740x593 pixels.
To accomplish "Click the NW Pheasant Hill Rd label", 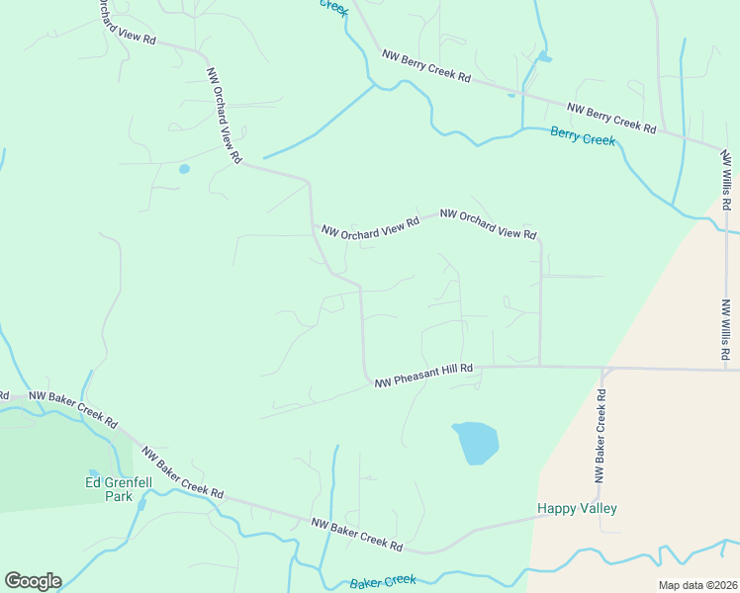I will click(423, 375).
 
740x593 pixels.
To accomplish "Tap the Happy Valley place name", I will click(577, 509).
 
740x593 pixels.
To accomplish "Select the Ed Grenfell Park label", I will click(118, 489).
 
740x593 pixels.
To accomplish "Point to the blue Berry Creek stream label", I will click(583, 137).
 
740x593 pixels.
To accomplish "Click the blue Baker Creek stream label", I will click(383, 582).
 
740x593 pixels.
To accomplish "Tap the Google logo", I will click(33, 581).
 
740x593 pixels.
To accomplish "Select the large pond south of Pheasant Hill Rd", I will click(475, 442).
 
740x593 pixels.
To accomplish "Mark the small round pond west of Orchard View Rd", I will click(184, 169).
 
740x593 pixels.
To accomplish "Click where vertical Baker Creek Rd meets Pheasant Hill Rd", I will click(602, 369).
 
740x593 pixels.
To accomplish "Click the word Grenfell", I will click(128, 483).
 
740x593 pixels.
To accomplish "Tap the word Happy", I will click(555, 509).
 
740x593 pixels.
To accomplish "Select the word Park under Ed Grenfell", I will click(119, 497).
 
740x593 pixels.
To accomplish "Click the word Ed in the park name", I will click(92, 483).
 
